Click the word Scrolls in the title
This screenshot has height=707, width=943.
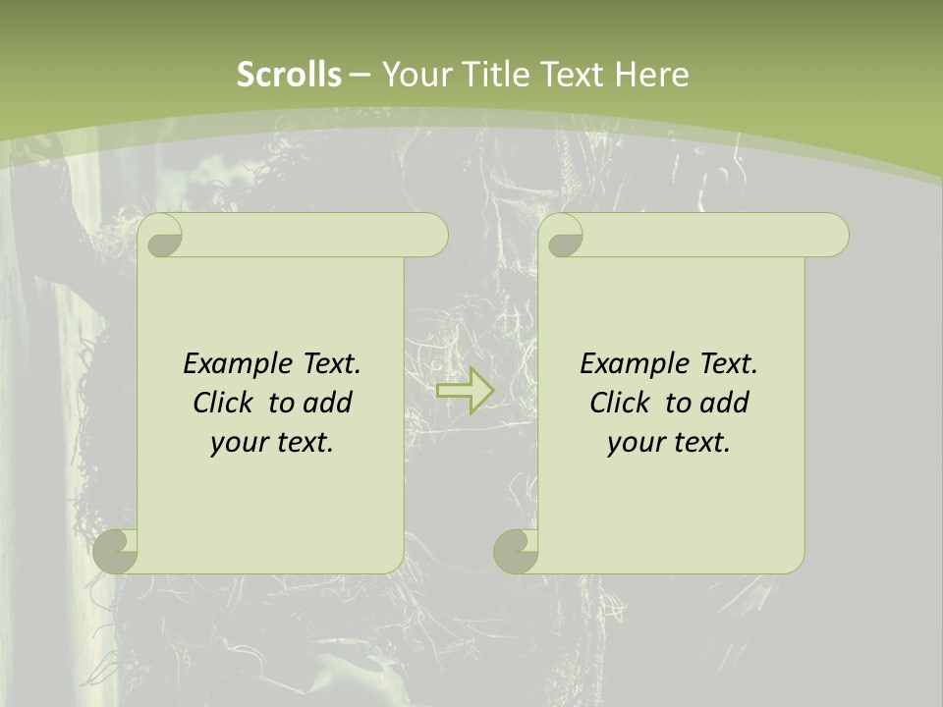[290, 75]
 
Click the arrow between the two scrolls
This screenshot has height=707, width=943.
[465, 391]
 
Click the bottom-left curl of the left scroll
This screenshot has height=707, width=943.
[116, 551]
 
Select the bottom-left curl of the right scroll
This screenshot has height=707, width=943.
[516, 551]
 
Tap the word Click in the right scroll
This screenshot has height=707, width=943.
[620, 403]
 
